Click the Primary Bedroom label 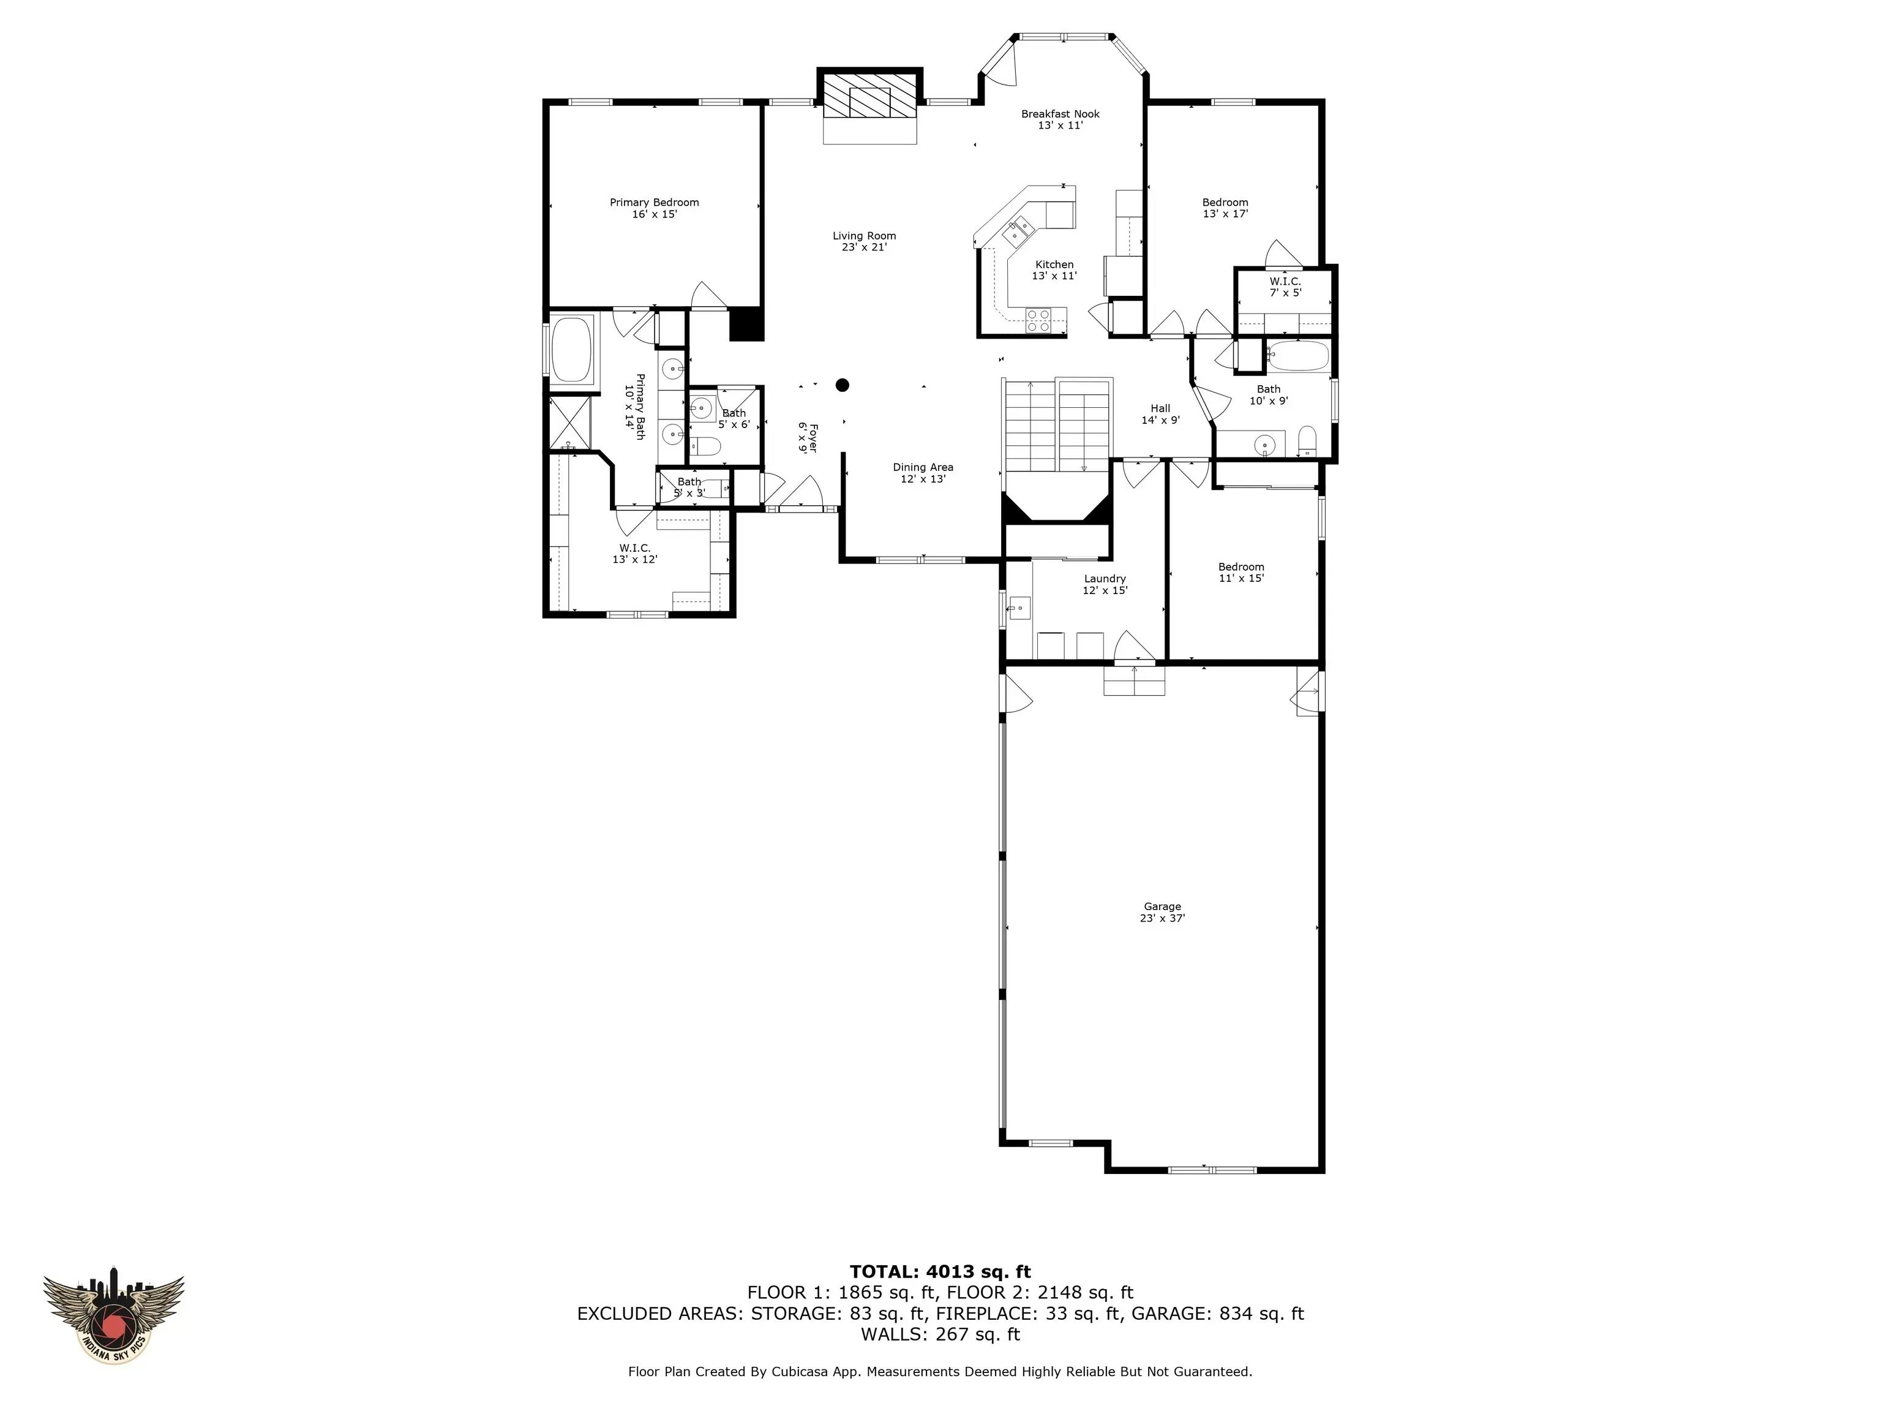coord(654,208)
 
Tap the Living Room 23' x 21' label coord(864,241)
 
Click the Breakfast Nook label coord(1061,119)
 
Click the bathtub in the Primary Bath coord(573,350)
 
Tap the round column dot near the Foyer coord(842,385)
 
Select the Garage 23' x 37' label coord(1162,912)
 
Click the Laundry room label coord(1105,584)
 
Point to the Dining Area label coord(923,473)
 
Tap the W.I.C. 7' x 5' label coord(1285,287)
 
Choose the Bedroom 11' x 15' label coord(1241,573)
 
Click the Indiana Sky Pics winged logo coord(114,1320)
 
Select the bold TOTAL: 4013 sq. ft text coord(940,1271)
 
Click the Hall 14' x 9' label coord(1160,414)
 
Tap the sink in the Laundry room coord(1019,608)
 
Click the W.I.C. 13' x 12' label coord(634,554)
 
